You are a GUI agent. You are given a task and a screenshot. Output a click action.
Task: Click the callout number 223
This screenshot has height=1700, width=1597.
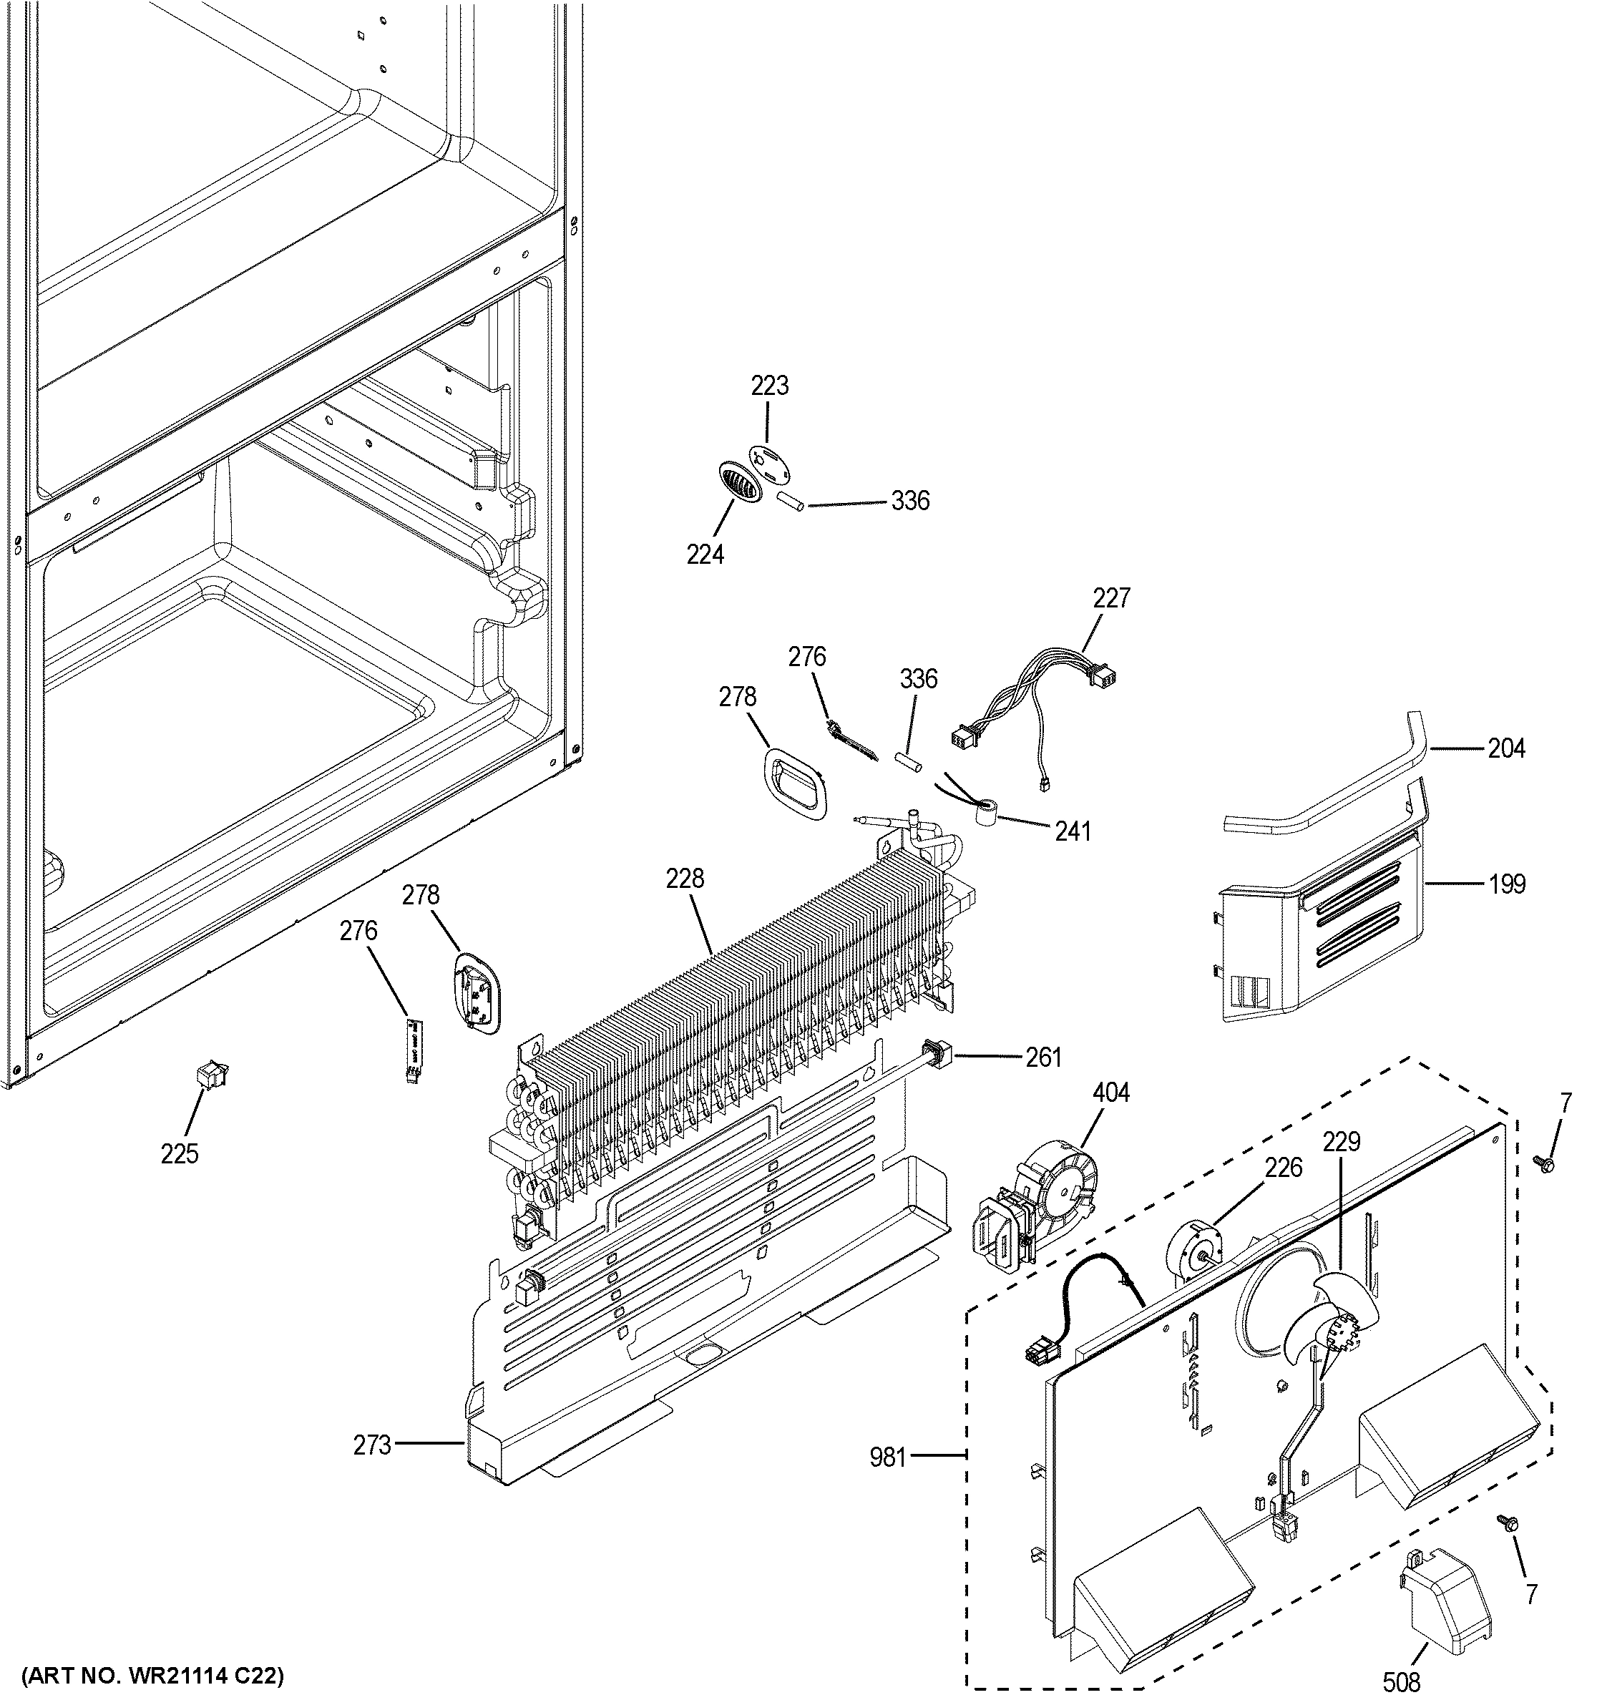[769, 386]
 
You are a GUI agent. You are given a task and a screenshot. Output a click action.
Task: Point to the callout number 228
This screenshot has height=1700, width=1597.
[685, 878]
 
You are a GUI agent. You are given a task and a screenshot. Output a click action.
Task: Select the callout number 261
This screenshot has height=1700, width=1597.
[1043, 1057]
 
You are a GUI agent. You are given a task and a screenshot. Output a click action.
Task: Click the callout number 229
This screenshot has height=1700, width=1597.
[1342, 1142]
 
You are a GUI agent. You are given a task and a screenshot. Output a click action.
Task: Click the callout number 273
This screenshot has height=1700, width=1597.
[372, 1445]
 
